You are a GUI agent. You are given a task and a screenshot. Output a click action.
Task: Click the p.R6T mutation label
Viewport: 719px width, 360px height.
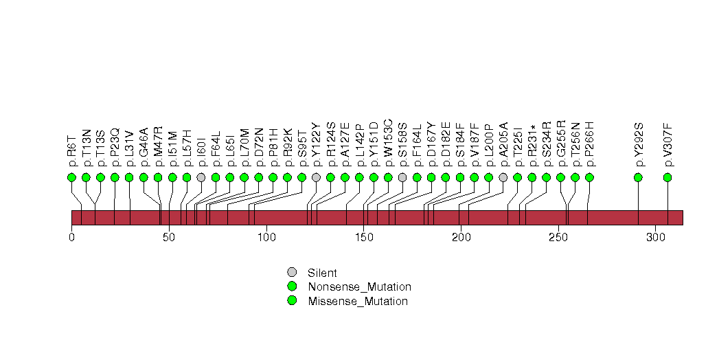point(71,150)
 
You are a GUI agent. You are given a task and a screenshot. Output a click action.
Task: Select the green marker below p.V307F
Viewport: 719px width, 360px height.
point(667,177)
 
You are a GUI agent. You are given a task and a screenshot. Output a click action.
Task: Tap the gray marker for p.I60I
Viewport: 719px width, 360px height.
point(201,177)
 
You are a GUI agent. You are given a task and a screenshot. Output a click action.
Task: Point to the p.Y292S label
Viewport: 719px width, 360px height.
point(638,144)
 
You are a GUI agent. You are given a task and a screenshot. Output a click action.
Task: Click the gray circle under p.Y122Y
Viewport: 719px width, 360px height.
point(316,177)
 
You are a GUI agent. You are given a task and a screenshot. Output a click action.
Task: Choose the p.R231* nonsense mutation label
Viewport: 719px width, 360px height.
point(532,146)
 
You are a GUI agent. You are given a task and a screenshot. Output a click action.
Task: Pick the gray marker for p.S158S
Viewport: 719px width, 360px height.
point(402,177)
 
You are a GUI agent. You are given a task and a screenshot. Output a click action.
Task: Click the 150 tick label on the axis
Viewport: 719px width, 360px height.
point(364,237)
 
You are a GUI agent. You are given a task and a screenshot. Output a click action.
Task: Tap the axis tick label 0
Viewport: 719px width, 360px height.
point(71,237)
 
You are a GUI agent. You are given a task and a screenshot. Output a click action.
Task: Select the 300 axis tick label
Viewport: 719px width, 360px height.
point(656,237)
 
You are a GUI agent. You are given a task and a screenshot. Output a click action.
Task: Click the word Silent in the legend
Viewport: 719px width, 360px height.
point(322,273)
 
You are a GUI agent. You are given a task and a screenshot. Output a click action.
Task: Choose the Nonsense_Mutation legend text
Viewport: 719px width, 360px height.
point(360,287)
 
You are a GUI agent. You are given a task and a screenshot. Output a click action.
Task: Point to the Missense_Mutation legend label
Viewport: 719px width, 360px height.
point(358,302)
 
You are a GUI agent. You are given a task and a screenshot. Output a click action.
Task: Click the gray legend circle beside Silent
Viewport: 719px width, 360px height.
point(292,273)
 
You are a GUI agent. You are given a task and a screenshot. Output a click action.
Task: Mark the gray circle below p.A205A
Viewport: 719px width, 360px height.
point(503,177)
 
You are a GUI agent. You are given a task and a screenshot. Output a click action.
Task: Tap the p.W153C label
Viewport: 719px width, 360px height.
point(388,143)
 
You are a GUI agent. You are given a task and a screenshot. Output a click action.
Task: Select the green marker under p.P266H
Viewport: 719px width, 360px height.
point(590,177)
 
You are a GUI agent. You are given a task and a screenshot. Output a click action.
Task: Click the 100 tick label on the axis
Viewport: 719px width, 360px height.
point(266,237)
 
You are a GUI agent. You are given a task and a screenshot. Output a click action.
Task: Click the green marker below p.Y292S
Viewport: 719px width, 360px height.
point(638,177)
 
